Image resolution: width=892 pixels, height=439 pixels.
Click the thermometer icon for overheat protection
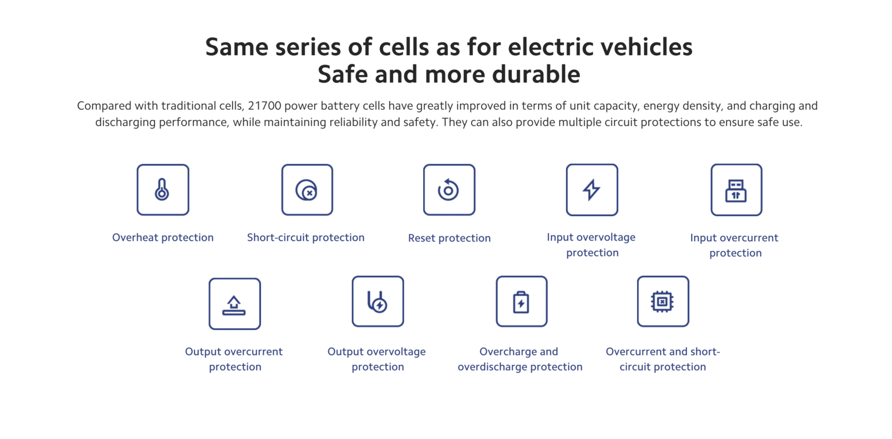pyautogui.click(x=162, y=190)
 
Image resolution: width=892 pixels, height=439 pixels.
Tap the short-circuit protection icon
pyautogui.click(x=307, y=190)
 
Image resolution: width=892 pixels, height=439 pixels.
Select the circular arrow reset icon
pyautogui.click(x=449, y=190)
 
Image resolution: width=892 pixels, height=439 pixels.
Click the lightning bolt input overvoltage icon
pyautogui.click(x=592, y=190)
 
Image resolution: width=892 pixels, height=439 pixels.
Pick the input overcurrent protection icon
pyautogui.click(x=736, y=190)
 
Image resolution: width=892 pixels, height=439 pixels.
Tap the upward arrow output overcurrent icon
pyautogui.click(x=235, y=304)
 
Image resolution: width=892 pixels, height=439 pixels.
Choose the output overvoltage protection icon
pyautogui.click(x=377, y=302)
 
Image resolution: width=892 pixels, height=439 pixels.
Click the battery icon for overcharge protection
pyautogui.click(x=521, y=302)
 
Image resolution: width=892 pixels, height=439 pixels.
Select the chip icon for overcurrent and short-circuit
pyautogui.click(x=663, y=302)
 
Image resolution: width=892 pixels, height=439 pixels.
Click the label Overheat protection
pyautogui.click(x=163, y=238)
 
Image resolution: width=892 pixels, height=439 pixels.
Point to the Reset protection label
pyautogui.click(x=449, y=238)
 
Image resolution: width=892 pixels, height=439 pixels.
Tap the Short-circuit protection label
pyautogui.click(x=306, y=238)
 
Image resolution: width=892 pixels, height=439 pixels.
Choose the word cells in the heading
pyautogui.click(x=404, y=47)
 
